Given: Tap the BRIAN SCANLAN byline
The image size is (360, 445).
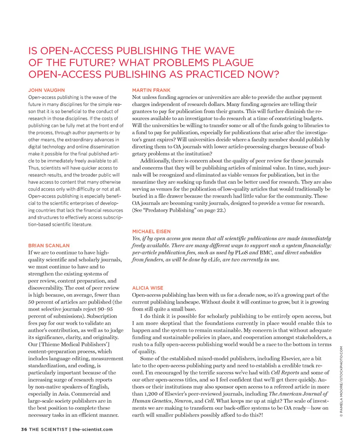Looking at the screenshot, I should tap(49, 245).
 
